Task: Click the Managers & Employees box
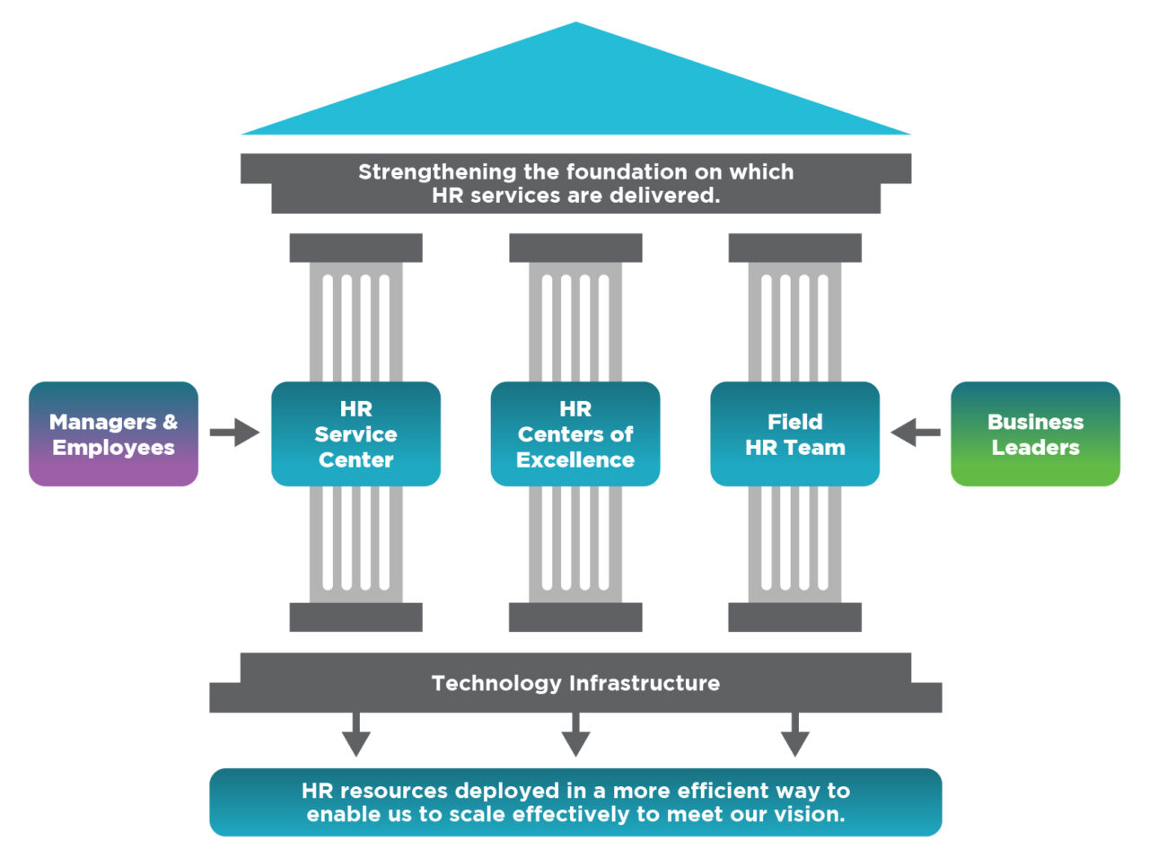[x=113, y=434]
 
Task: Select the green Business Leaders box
[x=1035, y=434]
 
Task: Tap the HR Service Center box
[x=355, y=434]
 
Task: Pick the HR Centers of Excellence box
[x=575, y=434]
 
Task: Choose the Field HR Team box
[x=794, y=434]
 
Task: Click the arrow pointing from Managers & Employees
[x=234, y=433]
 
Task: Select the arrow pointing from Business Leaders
[x=916, y=433]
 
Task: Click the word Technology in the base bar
[x=496, y=683]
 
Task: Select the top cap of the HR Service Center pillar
[x=355, y=248]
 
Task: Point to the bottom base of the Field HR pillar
[x=794, y=617]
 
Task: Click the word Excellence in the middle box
[x=575, y=460]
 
